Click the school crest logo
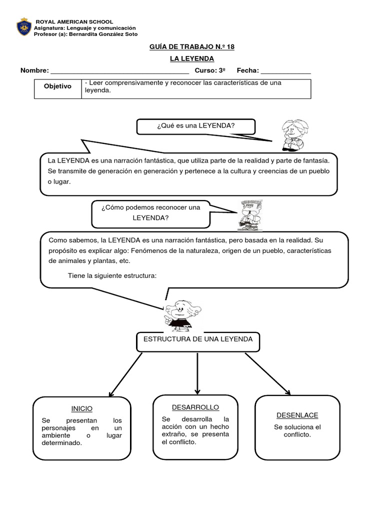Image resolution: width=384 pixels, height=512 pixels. tap(23, 27)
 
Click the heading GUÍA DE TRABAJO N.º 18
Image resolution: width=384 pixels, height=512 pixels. tap(191, 47)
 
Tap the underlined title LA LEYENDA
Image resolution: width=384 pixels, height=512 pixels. tap(191, 59)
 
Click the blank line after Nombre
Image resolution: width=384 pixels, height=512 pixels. tap(119, 71)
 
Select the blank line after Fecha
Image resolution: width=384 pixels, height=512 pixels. tap(285, 71)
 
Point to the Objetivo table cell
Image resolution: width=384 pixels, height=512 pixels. tap(57, 86)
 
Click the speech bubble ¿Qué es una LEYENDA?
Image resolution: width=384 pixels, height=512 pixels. tap(195, 126)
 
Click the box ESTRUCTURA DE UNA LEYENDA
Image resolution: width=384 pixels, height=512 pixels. tap(198, 339)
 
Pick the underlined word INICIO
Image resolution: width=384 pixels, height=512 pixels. tap(82, 408)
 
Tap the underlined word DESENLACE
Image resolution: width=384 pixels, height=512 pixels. tap(297, 415)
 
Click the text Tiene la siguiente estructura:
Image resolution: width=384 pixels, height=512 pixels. tap(112, 275)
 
